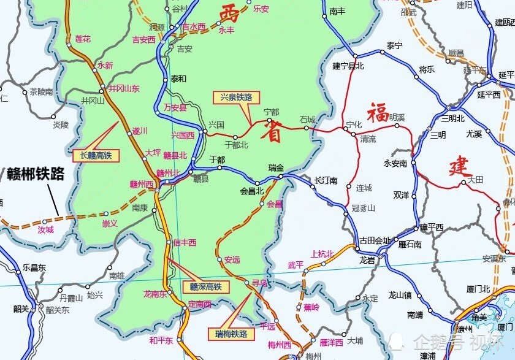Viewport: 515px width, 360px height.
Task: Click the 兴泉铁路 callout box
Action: pyautogui.click(x=237, y=97)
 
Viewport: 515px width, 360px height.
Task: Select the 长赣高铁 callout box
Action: pyautogui.click(x=96, y=156)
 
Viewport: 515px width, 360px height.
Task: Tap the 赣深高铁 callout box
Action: pyautogui.click(x=205, y=286)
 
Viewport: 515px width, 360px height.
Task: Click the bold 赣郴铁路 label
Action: pyautogui.click(x=36, y=174)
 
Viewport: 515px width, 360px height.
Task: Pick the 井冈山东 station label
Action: pyautogui.click(x=124, y=88)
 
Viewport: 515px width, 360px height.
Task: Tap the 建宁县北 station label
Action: pyautogui.click(x=348, y=66)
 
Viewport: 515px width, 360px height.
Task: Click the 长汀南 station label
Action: pyautogui.click(x=326, y=180)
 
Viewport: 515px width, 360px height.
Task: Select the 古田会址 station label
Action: pyautogui.click(x=375, y=240)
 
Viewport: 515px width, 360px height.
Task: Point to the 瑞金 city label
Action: pyautogui.click(x=276, y=167)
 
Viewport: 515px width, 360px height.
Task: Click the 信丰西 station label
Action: pyautogui.click(x=185, y=242)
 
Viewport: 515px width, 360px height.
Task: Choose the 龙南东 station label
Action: pyautogui.click(x=155, y=294)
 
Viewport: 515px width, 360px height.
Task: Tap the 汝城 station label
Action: pyautogui.click(x=46, y=229)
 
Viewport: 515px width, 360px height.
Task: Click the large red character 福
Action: pyautogui.click(x=378, y=112)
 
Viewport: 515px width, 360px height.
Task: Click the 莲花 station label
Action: pyautogui.click(x=83, y=39)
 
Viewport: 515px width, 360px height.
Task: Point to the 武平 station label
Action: pyautogui.click(x=296, y=265)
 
